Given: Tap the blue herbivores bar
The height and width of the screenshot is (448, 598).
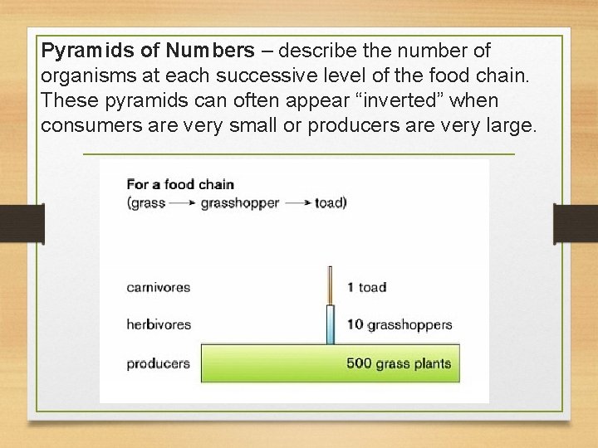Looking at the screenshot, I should (330, 324).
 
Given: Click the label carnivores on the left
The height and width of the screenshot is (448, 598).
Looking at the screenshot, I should (158, 287).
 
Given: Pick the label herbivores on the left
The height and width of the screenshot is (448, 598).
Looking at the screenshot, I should (159, 324).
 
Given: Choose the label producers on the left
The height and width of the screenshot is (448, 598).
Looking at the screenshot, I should (158, 363).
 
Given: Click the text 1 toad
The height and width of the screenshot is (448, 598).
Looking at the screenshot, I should (366, 287).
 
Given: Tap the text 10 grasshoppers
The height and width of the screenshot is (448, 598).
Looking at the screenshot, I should (399, 324).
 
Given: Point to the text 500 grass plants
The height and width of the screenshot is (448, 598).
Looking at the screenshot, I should (399, 363).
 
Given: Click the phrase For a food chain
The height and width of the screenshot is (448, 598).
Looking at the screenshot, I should (180, 184).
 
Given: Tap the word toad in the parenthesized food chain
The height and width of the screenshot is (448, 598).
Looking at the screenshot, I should (329, 203).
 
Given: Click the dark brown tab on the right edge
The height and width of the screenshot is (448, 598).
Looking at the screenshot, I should (575, 224).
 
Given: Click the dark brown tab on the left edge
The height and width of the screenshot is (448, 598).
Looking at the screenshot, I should (22, 224).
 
